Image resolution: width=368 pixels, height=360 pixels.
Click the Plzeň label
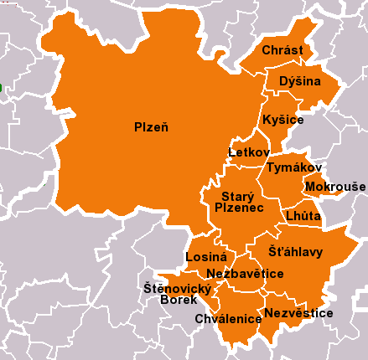152,127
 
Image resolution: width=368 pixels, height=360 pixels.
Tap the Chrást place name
282,51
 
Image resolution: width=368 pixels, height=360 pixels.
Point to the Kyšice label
282,121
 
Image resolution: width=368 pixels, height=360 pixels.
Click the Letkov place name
249,152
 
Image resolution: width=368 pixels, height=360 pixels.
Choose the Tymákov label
288,168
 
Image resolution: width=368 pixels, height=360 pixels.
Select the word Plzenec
239,207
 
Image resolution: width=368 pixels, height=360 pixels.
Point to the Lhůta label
303,215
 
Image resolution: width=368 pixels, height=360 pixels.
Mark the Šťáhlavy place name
295,251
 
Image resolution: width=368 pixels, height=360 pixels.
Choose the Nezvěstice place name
298,313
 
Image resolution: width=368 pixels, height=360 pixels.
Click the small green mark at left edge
2,87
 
